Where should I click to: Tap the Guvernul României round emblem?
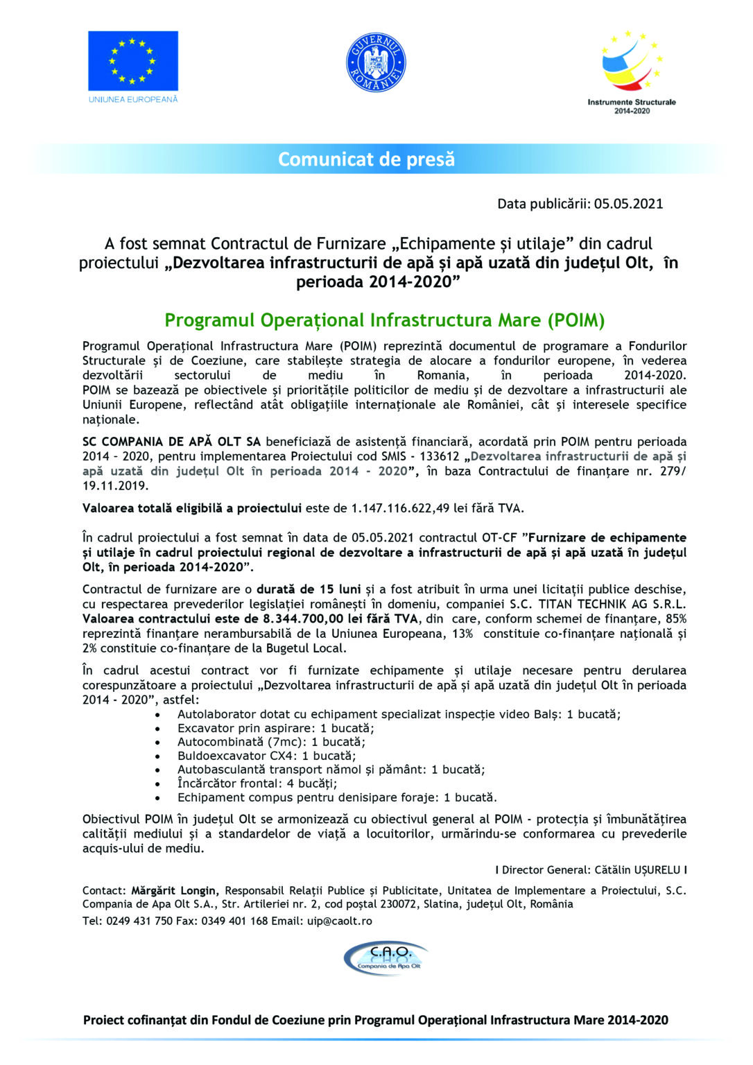(376, 63)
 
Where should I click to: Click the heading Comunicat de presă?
(366, 159)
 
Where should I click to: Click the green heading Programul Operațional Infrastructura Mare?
(384, 320)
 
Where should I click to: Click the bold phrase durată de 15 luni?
(309, 589)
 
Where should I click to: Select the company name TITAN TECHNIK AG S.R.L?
(612, 604)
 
